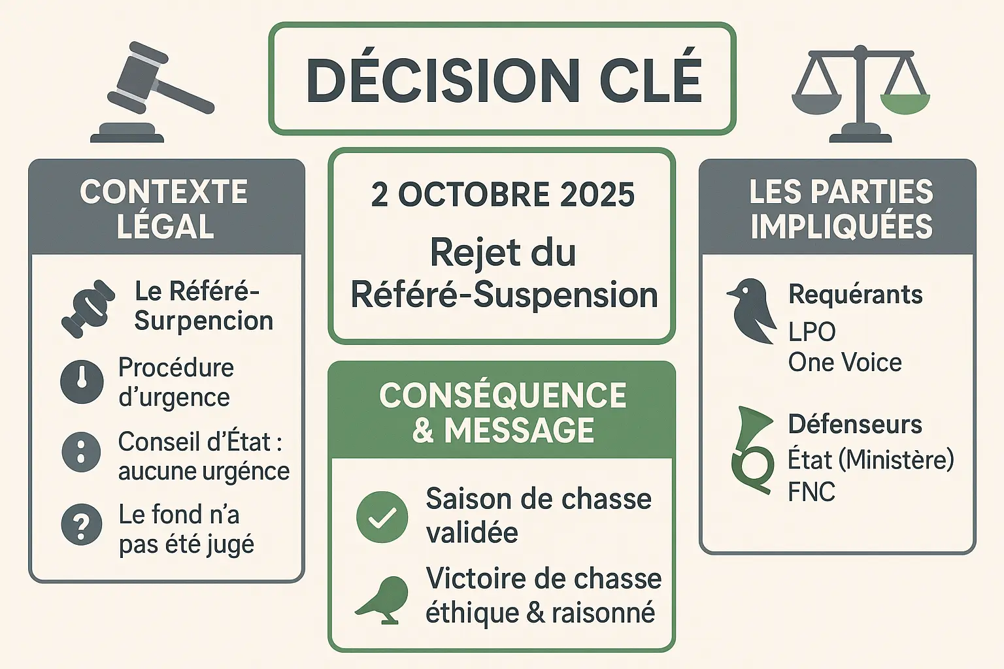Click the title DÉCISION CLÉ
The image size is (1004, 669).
(503, 80)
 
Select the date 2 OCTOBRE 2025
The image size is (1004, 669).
(503, 195)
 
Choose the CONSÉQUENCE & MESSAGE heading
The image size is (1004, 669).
(503, 413)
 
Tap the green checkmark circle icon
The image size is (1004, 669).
(382, 517)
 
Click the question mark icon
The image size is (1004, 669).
(82, 525)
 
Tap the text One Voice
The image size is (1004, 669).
(845, 362)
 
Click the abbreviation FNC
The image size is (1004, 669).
(811, 492)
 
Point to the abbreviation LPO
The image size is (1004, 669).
(812, 332)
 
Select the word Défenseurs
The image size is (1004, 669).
(855, 424)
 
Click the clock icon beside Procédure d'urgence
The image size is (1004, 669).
(82, 382)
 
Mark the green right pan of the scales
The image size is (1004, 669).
(905, 102)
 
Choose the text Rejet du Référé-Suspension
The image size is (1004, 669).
(503, 273)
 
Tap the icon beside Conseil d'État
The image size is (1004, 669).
(81, 451)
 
